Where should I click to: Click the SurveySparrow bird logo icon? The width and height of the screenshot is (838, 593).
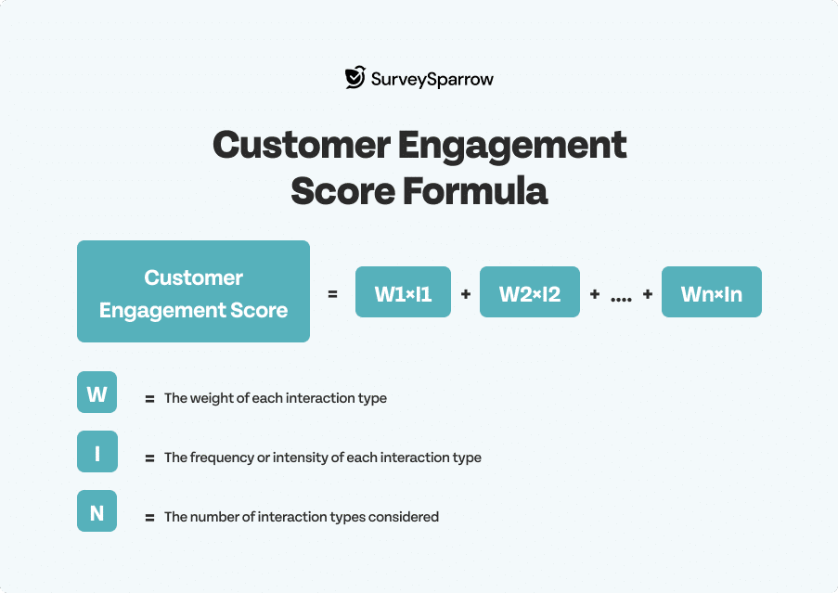(355, 77)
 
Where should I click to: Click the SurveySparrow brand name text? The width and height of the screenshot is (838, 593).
(432, 80)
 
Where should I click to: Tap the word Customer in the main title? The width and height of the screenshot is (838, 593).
(302, 144)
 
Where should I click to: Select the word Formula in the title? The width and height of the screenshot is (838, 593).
(475, 191)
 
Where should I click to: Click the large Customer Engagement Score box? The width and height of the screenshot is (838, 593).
(193, 291)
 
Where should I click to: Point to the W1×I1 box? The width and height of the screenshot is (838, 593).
(403, 291)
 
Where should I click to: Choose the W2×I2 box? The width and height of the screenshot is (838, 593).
(530, 291)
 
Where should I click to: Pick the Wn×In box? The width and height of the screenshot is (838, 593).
(712, 291)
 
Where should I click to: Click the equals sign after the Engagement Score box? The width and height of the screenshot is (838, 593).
(332, 294)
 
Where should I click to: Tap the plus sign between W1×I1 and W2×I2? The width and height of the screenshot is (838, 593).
(466, 294)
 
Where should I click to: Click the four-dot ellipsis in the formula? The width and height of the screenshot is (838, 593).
(621, 300)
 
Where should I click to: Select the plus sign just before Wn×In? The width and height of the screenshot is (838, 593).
(648, 294)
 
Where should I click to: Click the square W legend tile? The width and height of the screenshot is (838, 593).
(97, 393)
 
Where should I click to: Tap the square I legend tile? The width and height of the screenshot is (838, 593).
(97, 451)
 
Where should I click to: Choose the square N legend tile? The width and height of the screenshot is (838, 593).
(97, 510)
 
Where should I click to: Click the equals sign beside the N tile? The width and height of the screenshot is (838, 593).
(149, 518)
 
